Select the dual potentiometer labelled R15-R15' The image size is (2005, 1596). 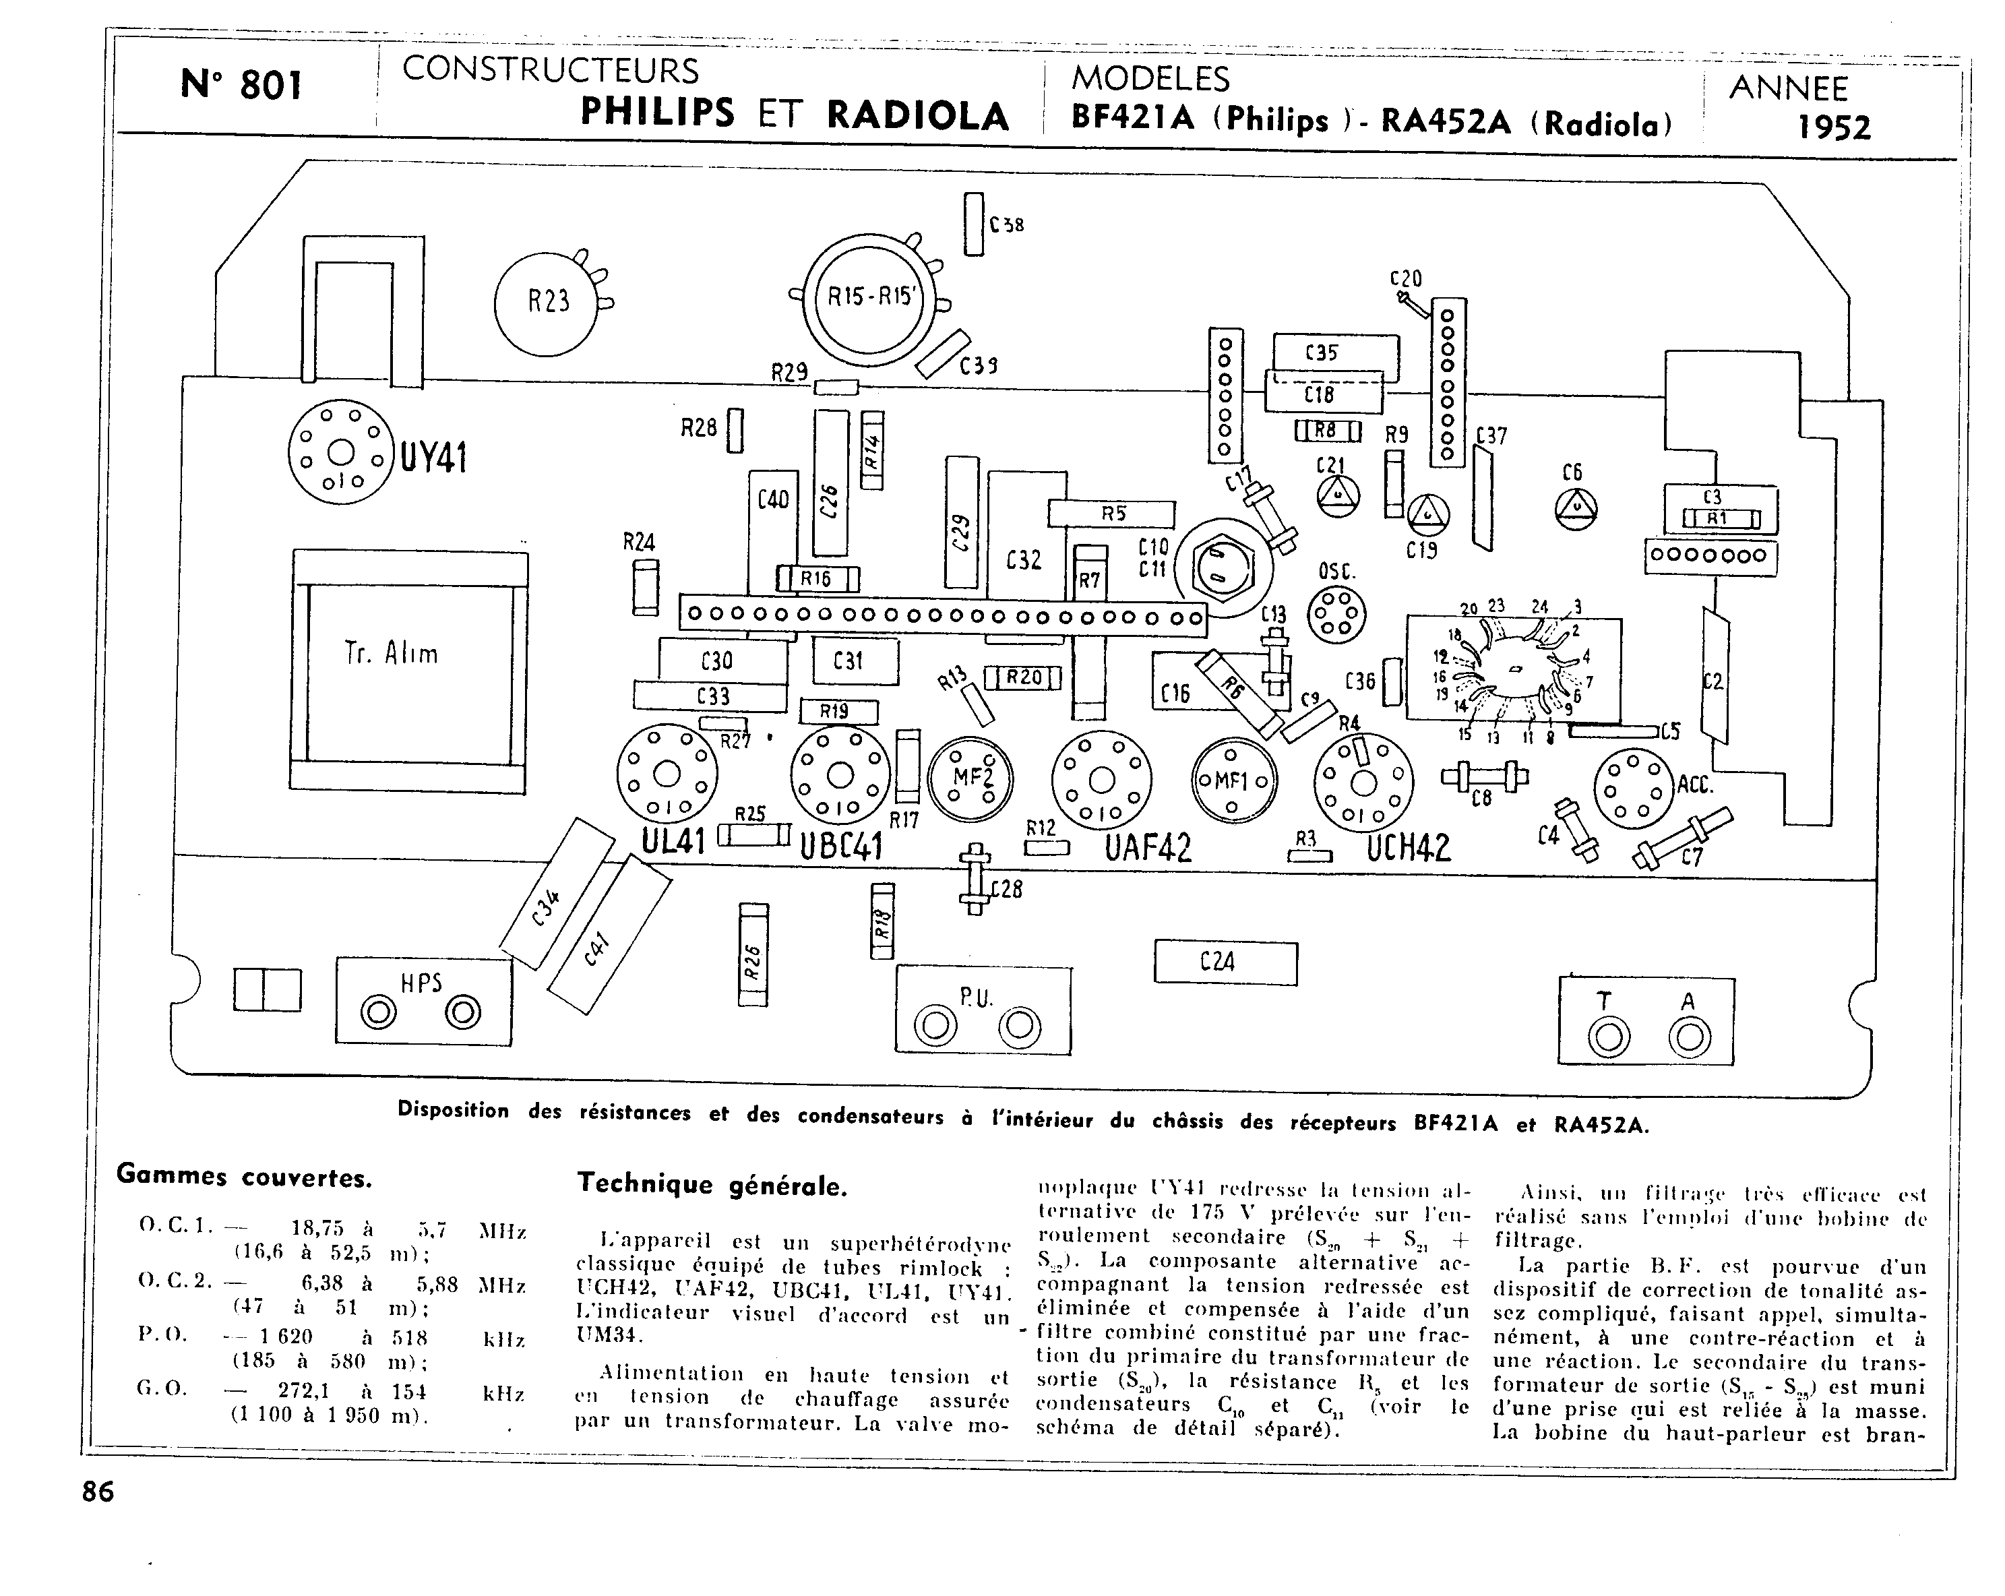tap(871, 299)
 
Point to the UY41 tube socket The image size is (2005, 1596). tap(341, 453)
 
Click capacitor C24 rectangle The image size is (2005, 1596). tap(1225, 962)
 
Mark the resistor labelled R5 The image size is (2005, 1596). tap(1111, 514)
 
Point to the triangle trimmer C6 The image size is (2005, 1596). tap(1576, 508)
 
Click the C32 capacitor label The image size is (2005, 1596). tap(1023, 560)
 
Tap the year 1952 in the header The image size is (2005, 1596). tap(1833, 127)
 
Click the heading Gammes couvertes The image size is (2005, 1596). tap(244, 1177)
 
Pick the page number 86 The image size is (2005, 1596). tap(98, 1492)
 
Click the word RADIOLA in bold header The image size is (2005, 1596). tap(917, 115)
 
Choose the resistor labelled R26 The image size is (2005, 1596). tap(752, 955)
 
